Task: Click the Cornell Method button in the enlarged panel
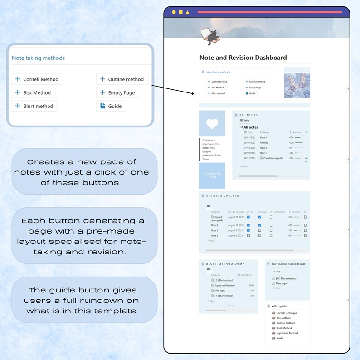pos(37,79)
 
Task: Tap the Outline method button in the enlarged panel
pos(122,79)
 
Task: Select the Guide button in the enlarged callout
pos(111,106)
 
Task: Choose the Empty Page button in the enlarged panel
pos(117,92)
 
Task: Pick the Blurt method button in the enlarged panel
pos(34,106)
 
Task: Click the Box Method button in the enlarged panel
pos(33,92)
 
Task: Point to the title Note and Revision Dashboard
pos(243,58)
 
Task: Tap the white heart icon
pos(212,123)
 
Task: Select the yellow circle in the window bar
pos(174,12)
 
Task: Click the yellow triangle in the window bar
pos(188,12)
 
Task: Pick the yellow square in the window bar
pos(180,12)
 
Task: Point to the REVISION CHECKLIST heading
pos(224,196)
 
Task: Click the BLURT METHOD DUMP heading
pos(225,263)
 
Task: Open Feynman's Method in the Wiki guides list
pos(287,333)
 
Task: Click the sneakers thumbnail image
pos(297,83)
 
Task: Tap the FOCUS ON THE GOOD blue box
pos(212,175)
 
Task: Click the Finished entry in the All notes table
pos(264,142)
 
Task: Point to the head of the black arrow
pos(195,94)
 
